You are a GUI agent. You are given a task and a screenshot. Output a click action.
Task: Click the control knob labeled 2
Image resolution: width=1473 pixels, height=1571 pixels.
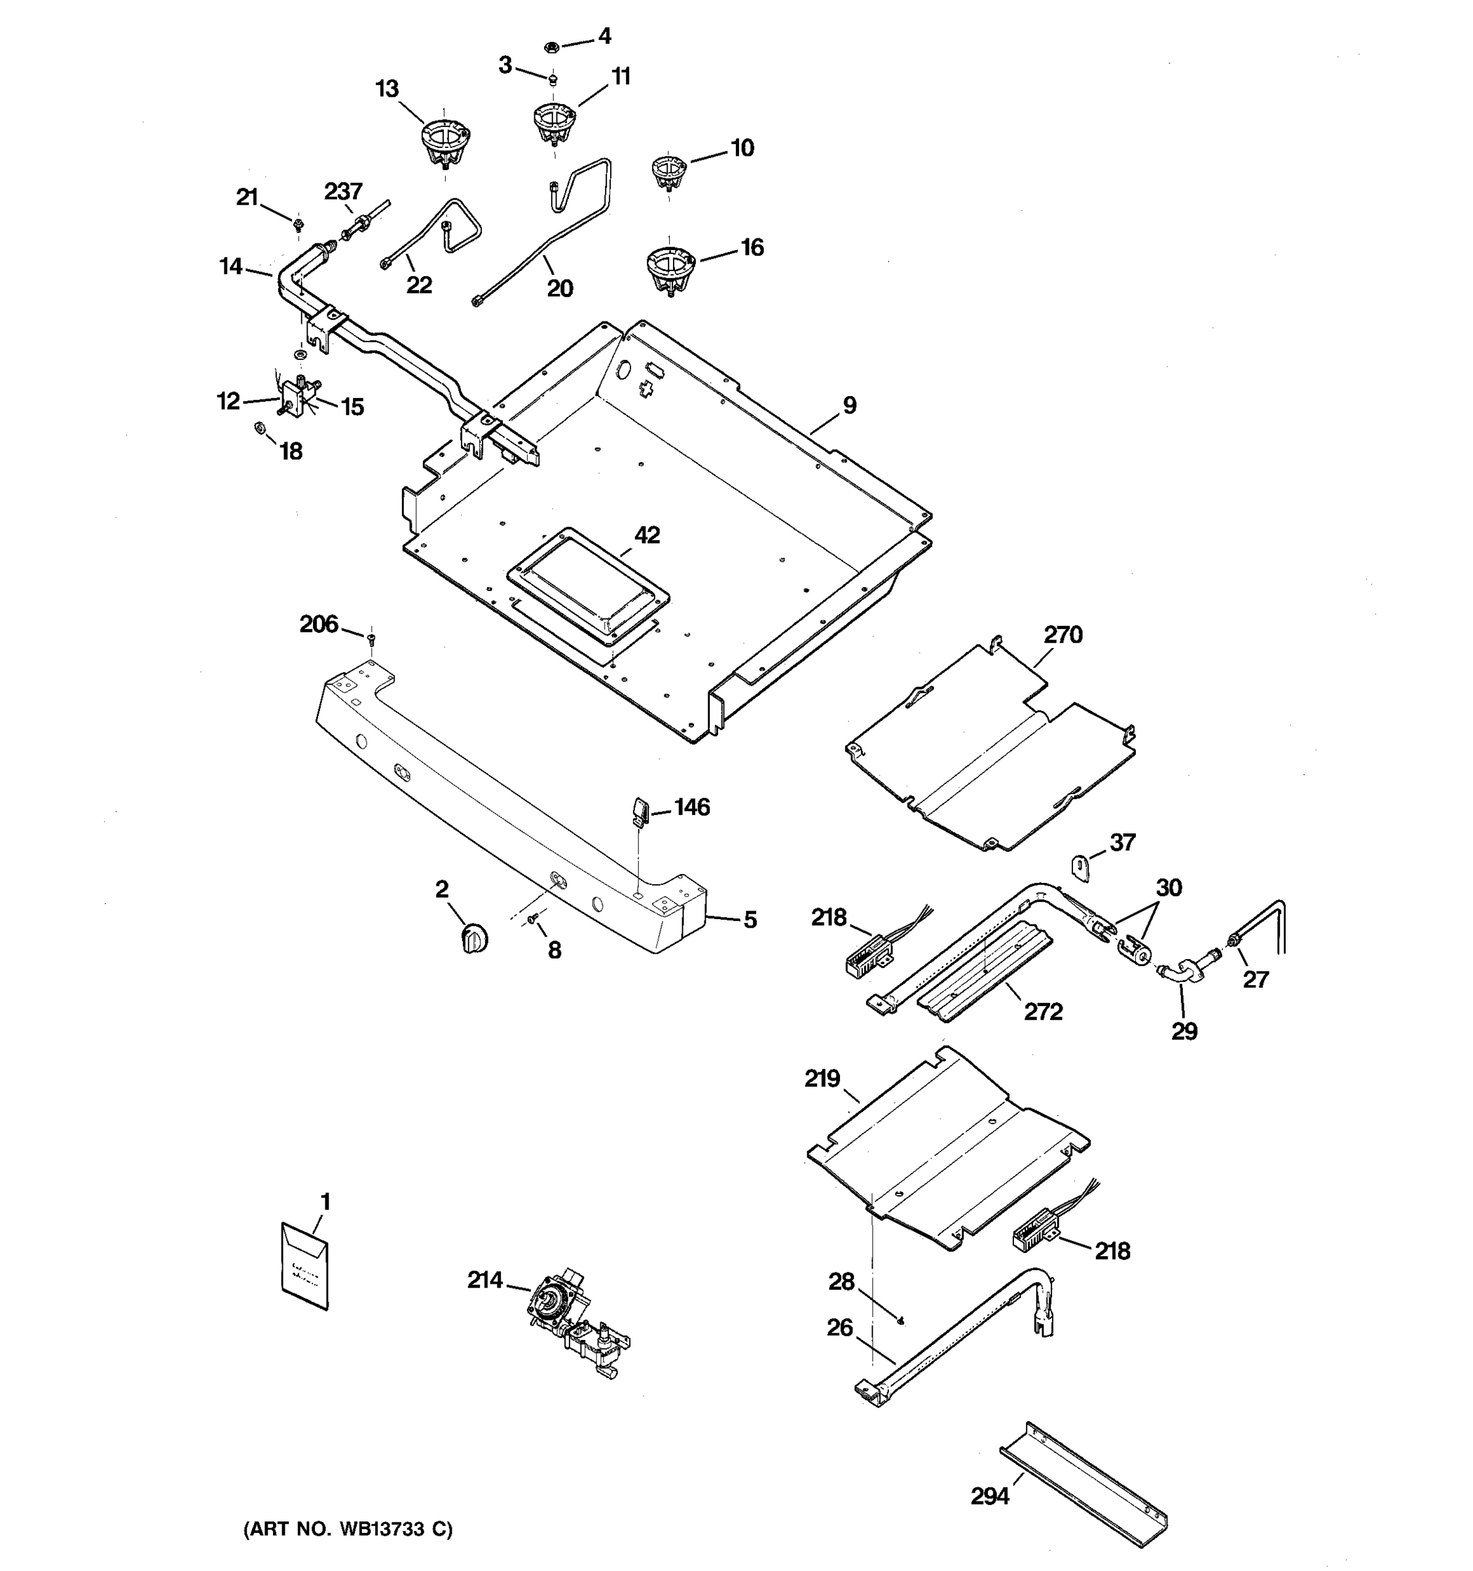[x=474, y=939]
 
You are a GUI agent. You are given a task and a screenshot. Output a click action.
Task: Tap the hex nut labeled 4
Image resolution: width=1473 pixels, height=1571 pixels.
[x=553, y=46]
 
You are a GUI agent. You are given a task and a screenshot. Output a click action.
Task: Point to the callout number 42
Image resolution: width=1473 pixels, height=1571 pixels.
[x=647, y=535]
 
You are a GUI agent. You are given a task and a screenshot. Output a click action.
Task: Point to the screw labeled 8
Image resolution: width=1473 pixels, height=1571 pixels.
[x=533, y=918]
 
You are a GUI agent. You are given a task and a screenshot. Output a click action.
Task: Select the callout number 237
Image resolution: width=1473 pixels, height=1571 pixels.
[x=343, y=191]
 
